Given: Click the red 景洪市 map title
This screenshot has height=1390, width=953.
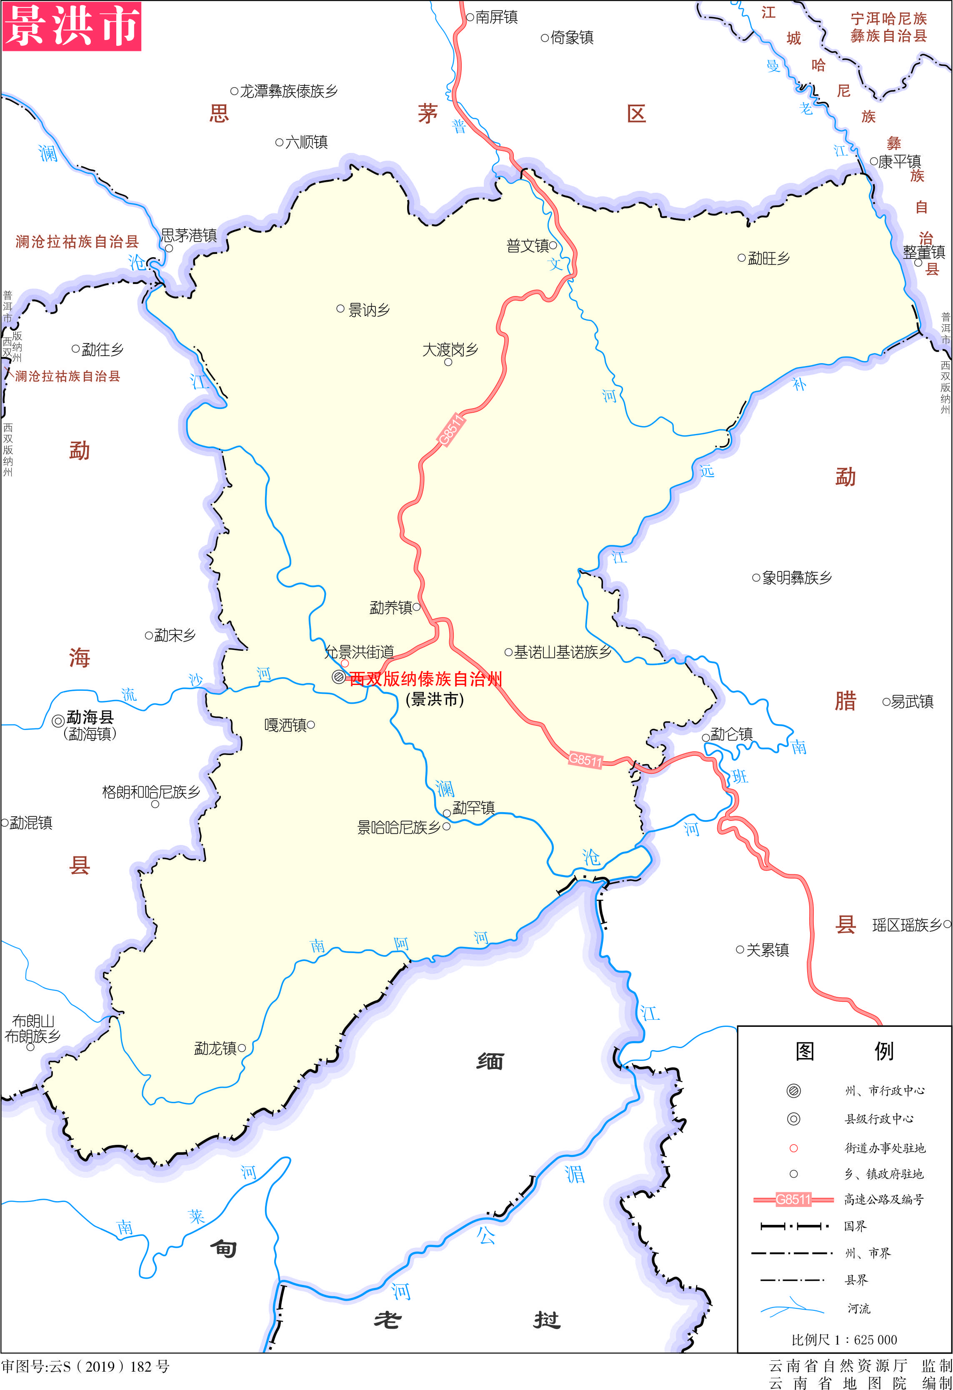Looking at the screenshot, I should (x=72, y=26).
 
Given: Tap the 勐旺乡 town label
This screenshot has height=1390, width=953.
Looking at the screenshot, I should (x=768, y=258).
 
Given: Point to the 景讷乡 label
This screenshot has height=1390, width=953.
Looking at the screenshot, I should (x=369, y=310).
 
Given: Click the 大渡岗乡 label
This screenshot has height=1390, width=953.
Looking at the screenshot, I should (x=450, y=349).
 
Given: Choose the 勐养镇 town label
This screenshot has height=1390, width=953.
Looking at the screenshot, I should (x=391, y=608).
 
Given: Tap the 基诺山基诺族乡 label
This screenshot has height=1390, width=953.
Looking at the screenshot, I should (x=563, y=652).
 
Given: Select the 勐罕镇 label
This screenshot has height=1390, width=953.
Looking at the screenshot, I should (x=473, y=808).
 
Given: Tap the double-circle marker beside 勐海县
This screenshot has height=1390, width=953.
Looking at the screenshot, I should (x=58, y=721).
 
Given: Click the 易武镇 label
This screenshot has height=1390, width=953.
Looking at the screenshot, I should (x=912, y=702).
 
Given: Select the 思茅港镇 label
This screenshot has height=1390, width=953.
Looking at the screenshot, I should (x=189, y=235).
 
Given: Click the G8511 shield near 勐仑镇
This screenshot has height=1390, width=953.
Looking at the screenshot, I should (x=585, y=760).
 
